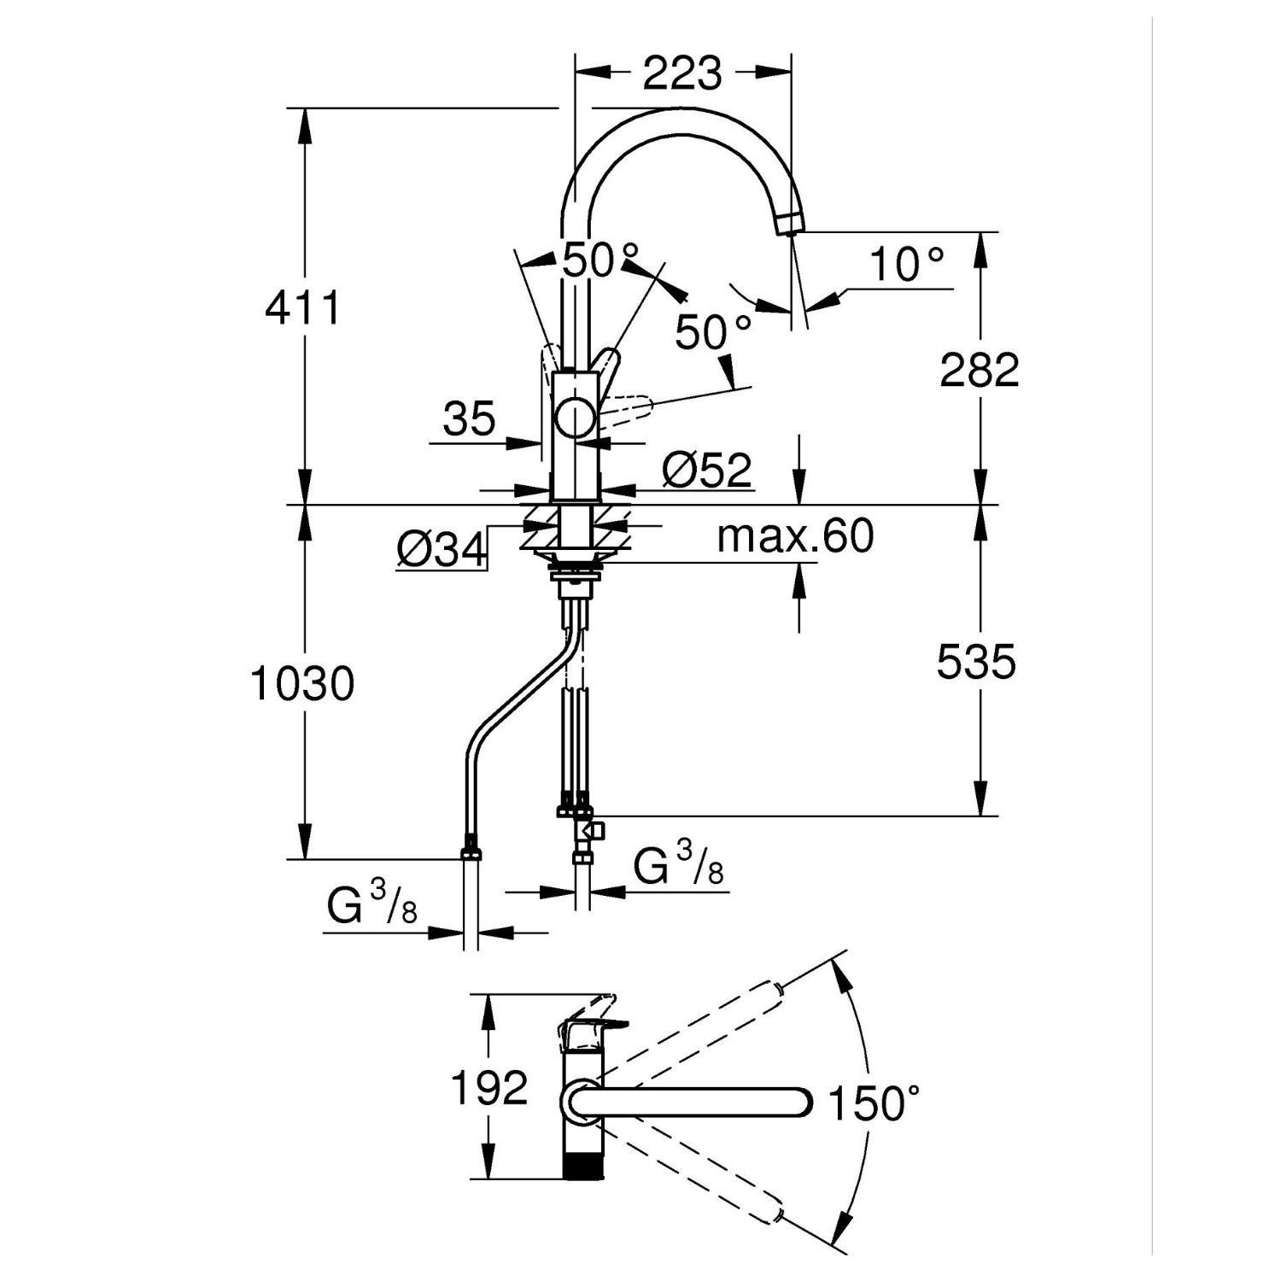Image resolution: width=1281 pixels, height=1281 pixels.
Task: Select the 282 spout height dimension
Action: [x=980, y=370]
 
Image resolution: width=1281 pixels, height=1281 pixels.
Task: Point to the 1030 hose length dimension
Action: [x=303, y=684]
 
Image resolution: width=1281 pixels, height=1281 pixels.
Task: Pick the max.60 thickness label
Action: [x=796, y=536]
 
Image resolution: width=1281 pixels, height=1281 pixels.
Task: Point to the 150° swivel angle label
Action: [x=877, y=1103]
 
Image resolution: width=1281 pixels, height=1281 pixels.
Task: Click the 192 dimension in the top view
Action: [x=489, y=1088]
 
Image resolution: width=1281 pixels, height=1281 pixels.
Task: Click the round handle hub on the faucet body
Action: [x=576, y=419]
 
